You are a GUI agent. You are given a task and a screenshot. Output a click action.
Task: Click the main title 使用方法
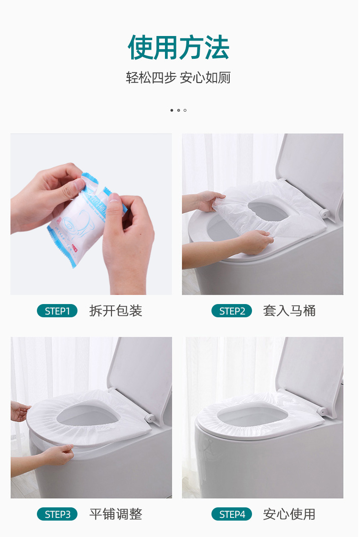pos(179,47)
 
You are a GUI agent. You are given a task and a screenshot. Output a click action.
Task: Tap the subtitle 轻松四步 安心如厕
pos(178,77)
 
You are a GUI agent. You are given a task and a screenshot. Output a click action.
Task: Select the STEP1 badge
pos(57,311)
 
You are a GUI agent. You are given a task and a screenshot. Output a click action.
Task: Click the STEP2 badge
pos(231,311)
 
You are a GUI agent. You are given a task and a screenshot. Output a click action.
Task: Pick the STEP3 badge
pos(57,515)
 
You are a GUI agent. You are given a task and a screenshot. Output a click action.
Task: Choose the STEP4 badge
pos(231,515)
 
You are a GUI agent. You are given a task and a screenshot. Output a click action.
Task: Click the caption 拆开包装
pos(116,311)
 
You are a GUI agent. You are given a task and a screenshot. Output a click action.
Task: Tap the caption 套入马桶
pos(289,311)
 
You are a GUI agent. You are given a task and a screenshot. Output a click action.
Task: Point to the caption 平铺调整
pos(116,515)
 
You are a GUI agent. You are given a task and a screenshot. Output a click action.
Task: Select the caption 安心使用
pos(289,515)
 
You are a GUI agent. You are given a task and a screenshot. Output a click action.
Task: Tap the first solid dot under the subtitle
pos(172,110)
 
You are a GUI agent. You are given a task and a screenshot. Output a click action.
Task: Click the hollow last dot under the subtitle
pos(185,110)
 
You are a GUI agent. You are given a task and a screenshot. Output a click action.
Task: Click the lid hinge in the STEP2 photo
pos(324,213)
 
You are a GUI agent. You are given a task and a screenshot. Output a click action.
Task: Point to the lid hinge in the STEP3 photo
pos(149,417)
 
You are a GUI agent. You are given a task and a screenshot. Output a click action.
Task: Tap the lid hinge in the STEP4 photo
pos(323,411)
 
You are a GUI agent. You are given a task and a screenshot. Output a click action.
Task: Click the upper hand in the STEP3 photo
pos(19,412)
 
